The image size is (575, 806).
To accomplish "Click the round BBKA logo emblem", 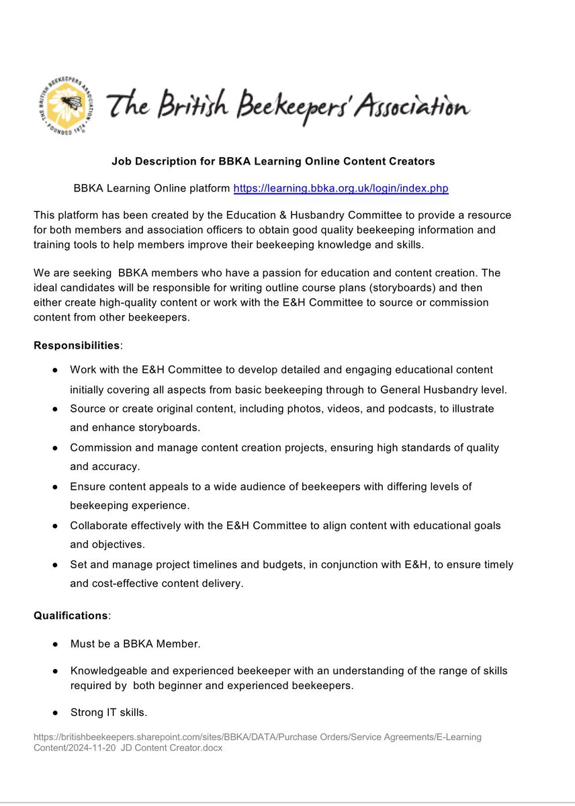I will (x=65, y=105).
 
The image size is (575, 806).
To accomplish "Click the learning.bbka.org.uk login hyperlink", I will (x=341, y=189).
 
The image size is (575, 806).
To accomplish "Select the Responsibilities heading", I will (x=77, y=345).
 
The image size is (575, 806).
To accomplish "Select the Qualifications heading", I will (x=71, y=615).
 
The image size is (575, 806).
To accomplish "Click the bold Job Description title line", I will (x=273, y=161).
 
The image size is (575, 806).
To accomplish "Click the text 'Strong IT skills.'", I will (x=108, y=712).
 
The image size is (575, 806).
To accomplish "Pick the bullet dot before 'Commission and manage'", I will (x=55, y=448).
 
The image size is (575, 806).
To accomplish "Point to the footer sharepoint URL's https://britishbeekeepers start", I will (x=78, y=737).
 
